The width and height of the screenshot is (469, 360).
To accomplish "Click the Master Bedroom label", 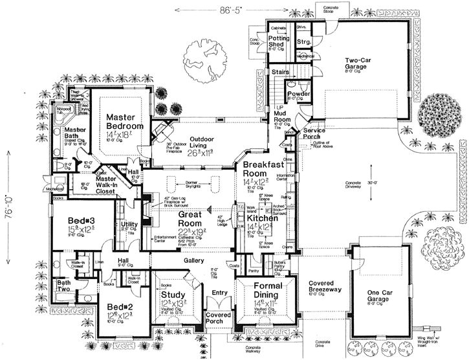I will pyautogui.click(x=124, y=121).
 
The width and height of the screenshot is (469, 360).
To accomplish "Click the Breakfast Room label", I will pyautogui.click(x=263, y=170).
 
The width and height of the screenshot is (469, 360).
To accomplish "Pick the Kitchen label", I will pyautogui.click(x=262, y=219).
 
